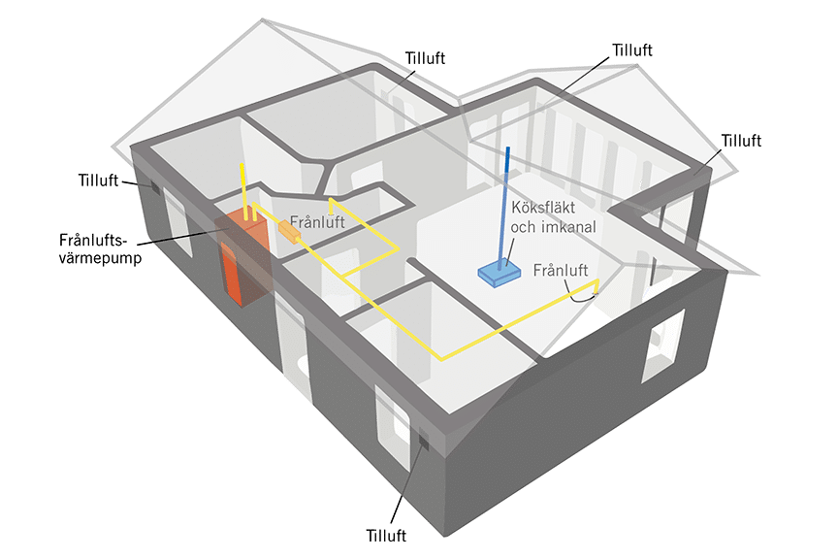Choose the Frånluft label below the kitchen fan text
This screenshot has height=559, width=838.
(561, 271)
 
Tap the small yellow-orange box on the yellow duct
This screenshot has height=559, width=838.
(289, 230)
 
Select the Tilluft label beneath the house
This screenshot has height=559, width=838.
(386, 535)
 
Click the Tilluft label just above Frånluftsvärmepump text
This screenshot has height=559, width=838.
(97, 180)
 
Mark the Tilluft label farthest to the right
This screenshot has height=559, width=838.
(741, 141)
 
